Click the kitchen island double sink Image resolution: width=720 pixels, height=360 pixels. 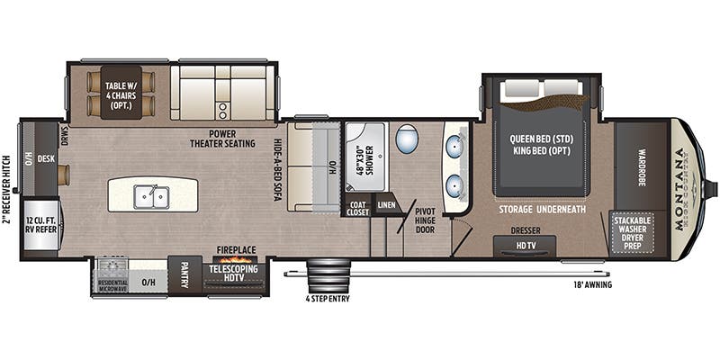click(151, 195)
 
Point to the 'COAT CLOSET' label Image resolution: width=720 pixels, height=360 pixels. click(357, 207)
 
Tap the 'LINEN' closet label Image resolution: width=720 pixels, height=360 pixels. click(386, 206)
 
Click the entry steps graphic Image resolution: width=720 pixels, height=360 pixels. click(328, 274)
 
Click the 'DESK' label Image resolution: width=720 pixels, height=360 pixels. click(46, 159)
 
